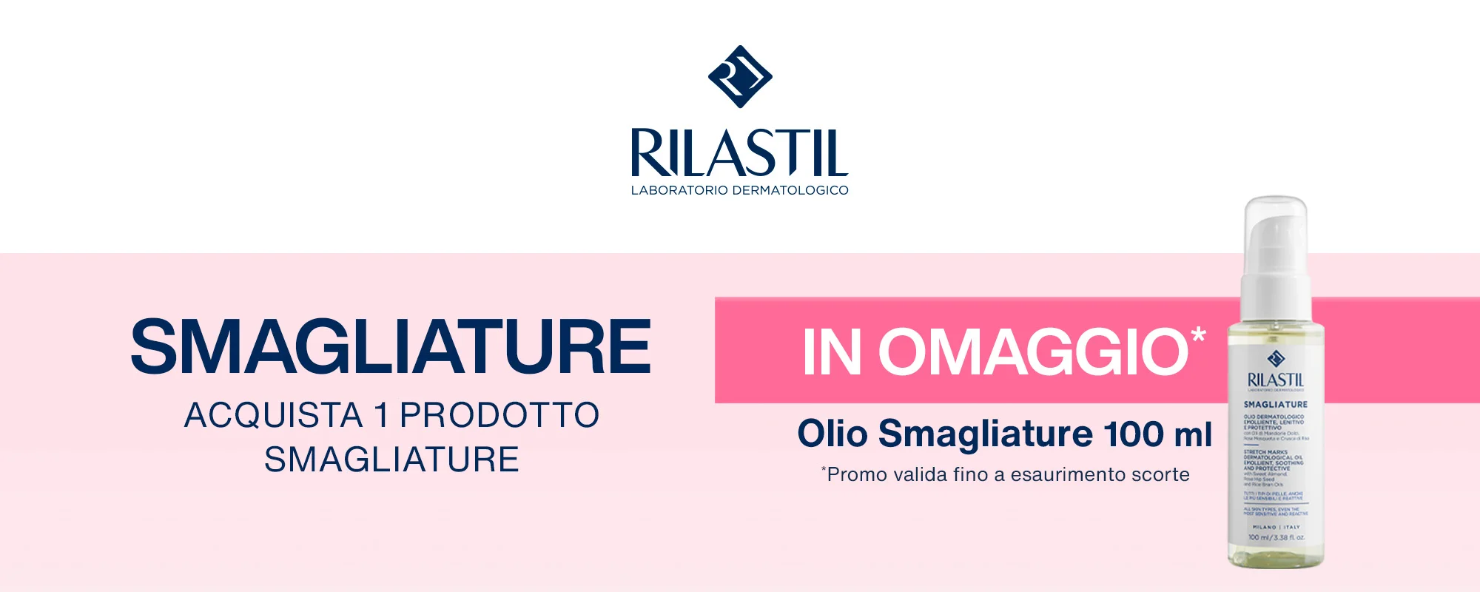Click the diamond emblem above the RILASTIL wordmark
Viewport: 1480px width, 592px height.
tap(740, 76)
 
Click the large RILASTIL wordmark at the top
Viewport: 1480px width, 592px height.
tap(739, 153)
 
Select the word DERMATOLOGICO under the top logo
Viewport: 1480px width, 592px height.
tap(790, 190)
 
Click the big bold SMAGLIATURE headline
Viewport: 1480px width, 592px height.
tap(391, 346)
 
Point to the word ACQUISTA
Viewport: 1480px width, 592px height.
tap(273, 415)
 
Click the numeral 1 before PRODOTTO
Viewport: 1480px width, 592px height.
tap(381, 415)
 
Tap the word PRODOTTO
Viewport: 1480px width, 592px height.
tap(499, 415)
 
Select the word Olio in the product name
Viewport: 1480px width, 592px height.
tap(832, 434)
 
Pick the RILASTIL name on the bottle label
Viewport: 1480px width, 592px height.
tap(1276, 380)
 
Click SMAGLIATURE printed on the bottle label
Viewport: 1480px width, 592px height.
tap(1275, 405)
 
